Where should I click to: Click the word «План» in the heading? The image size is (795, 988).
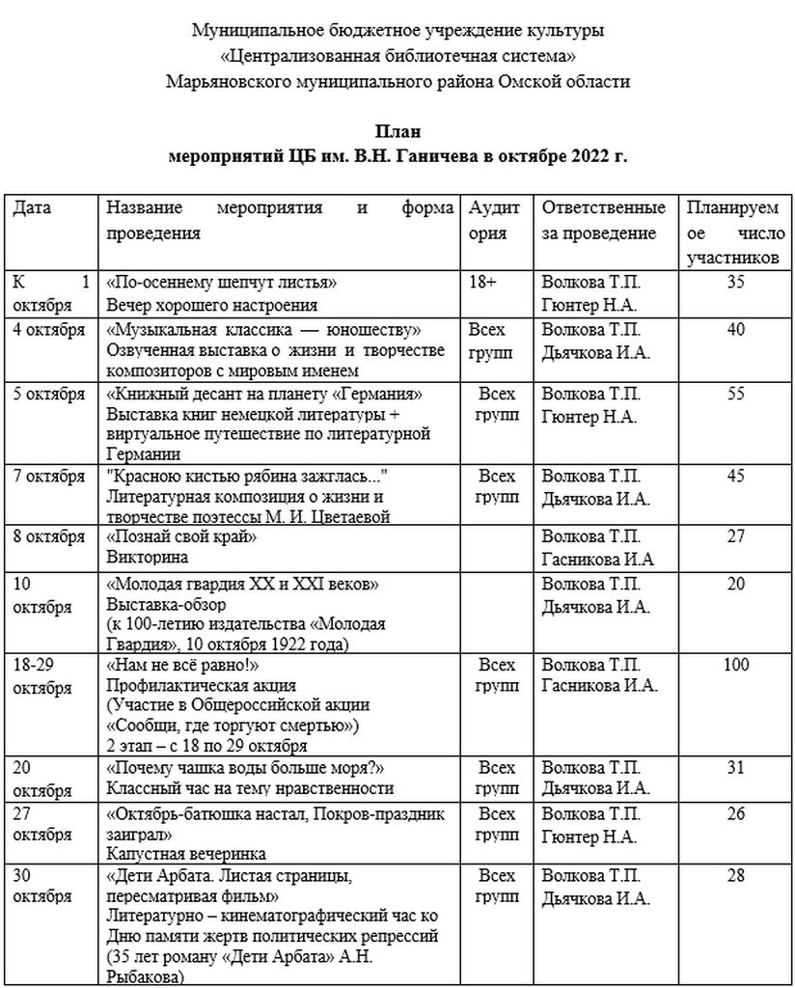coord(397,131)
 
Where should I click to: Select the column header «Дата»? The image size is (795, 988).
coord(32,208)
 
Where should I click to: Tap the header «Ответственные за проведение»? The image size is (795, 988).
coord(603,221)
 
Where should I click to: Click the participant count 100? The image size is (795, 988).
coord(735,665)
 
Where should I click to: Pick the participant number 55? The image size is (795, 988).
coord(735,394)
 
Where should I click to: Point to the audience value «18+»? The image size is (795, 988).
coord(482,283)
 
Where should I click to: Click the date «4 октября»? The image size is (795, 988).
coord(49,330)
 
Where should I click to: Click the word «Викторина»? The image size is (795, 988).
coord(147,558)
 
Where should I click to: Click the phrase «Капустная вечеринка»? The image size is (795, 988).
coord(186,854)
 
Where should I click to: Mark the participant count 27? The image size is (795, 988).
coord(735,536)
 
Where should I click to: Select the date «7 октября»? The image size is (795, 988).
coord(49,477)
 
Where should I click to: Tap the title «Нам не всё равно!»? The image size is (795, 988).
coord(183,665)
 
